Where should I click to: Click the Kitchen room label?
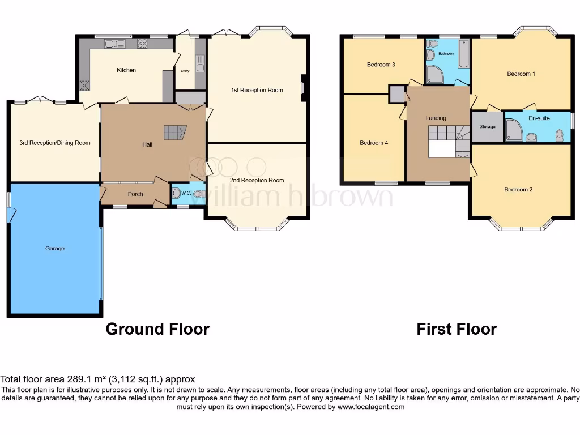126,70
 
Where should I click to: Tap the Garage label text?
55,248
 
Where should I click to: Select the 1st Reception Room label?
257,90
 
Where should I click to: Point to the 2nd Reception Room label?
257,180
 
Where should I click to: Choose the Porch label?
135,194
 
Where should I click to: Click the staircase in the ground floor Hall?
174,133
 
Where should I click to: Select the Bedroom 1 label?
521,74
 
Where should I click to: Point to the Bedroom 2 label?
518,190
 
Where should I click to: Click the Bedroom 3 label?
381,65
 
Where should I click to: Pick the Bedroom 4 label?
374,143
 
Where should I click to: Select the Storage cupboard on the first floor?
487,127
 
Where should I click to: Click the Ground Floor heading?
157,329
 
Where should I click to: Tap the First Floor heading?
457,329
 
